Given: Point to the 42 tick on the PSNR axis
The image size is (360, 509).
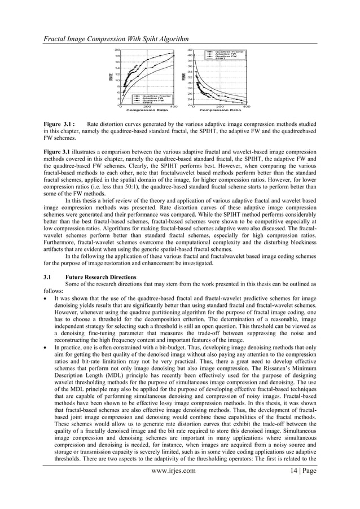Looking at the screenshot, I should pyautogui.click(x=191, y=50).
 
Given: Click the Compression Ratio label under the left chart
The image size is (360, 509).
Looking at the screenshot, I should pyautogui.click(x=150, y=111).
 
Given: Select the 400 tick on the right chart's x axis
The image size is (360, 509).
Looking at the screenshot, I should pyautogui.click(x=247, y=106).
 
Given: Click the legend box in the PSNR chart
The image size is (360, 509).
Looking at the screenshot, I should pyautogui.click(x=229, y=54).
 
